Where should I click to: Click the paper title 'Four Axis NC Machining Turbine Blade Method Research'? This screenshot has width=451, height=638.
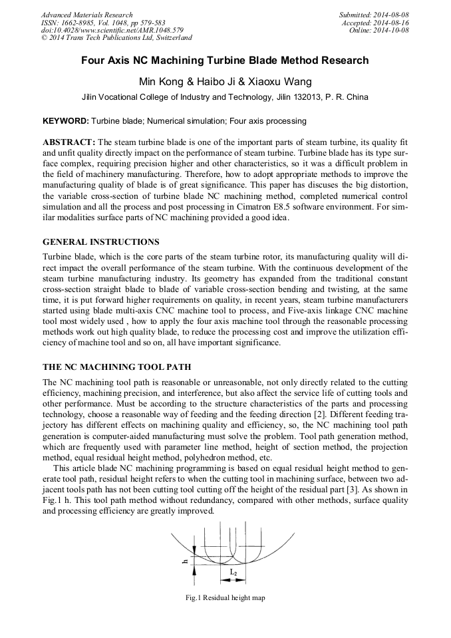225,61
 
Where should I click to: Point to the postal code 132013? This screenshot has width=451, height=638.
309,96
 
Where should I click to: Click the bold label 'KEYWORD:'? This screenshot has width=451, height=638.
65,122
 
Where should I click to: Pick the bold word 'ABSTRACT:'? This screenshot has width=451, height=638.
69,143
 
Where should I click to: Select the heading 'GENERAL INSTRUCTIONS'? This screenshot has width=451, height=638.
100,241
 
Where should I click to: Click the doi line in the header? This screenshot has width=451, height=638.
112,31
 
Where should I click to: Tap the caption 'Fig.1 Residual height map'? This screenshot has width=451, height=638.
225,598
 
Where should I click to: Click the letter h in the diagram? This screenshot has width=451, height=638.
185,561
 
